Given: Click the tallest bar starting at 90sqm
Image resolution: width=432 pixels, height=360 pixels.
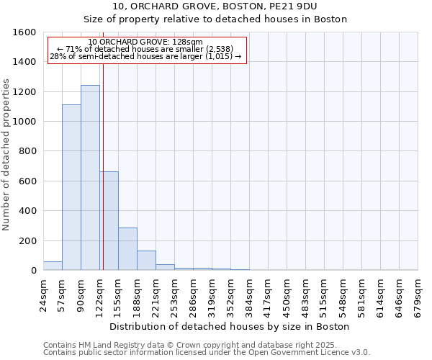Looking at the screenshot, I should (x=90, y=178).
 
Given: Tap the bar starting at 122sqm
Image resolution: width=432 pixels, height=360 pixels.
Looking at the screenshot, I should (x=109, y=221).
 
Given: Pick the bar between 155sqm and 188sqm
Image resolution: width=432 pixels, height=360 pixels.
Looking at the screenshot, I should (x=127, y=249).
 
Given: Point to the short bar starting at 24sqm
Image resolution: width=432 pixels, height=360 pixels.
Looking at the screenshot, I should (x=53, y=266).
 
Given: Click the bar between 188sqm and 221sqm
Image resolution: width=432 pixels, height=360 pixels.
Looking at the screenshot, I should (x=146, y=261).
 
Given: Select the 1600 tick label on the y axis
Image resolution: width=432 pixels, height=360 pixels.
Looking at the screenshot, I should (x=24, y=32).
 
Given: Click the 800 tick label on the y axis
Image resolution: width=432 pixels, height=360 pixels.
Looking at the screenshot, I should (x=27, y=152).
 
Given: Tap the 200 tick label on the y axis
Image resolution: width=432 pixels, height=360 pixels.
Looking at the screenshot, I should (x=27, y=241).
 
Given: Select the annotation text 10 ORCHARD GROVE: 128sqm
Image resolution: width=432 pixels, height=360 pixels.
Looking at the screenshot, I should (x=145, y=42).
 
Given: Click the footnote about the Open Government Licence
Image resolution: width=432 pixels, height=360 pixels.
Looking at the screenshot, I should (x=207, y=353).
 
